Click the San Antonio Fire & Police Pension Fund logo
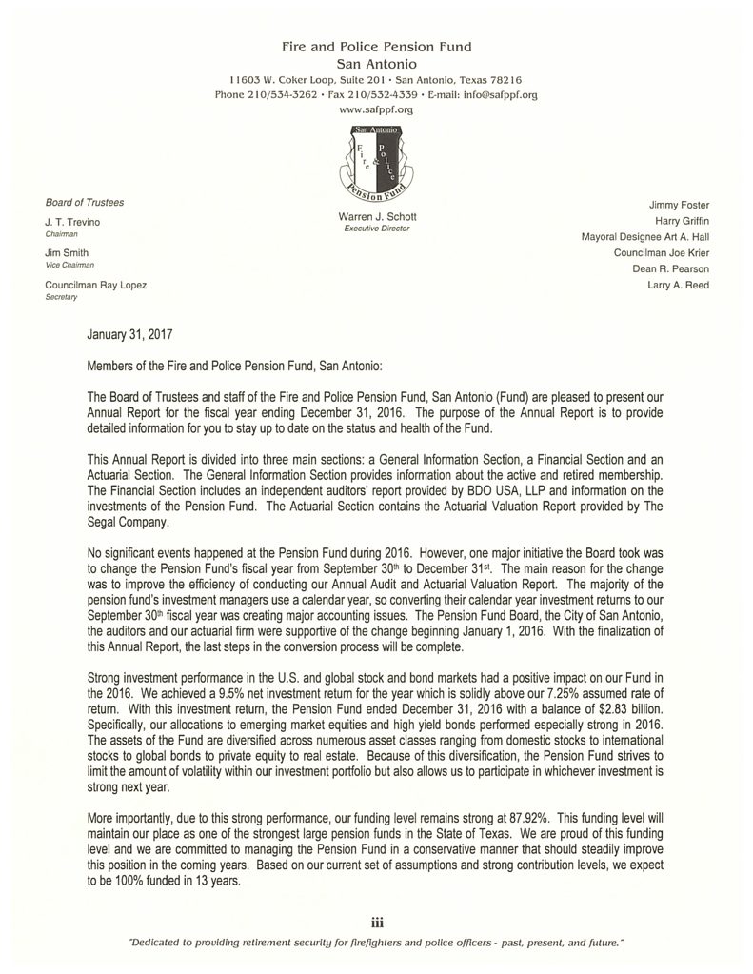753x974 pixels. coord(377,164)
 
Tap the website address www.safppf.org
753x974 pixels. coord(377,110)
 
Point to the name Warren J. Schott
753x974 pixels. coord(377,218)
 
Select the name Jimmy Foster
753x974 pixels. coord(679,205)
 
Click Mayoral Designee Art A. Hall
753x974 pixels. coord(644,237)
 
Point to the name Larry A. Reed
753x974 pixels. coord(678,285)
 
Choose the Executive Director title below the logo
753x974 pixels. coord(377,229)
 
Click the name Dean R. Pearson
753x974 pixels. coord(670,268)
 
